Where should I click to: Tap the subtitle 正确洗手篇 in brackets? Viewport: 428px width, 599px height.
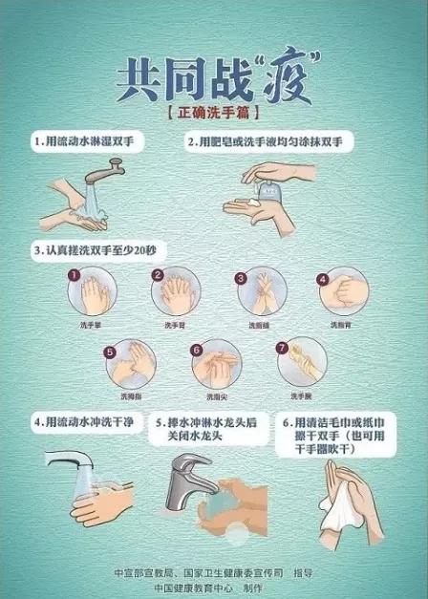tap(213, 112)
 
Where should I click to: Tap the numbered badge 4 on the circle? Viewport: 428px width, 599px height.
tap(323, 280)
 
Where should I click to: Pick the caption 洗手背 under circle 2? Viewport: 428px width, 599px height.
tap(174, 326)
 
